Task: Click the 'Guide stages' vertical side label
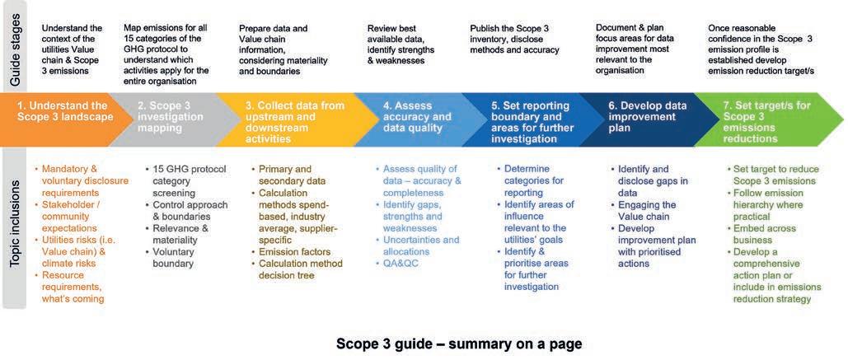pyautogui.click(x=14, y=45)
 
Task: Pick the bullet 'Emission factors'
pyautogui.click(x=295, y=251)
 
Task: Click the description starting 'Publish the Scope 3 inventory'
pyautogui.click(x=514, y=40)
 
